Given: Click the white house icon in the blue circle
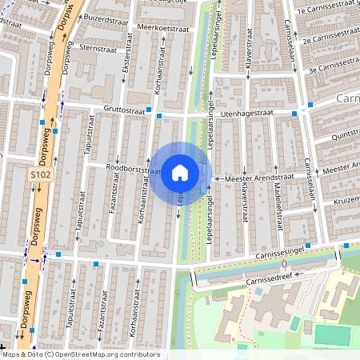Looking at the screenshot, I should point(180,172).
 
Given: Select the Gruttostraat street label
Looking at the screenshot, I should point(122,110).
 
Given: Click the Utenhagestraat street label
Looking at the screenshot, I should point(246,114).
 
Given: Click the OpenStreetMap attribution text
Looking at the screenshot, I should point(80,354).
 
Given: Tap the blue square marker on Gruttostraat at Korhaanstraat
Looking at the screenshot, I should point(159,117).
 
